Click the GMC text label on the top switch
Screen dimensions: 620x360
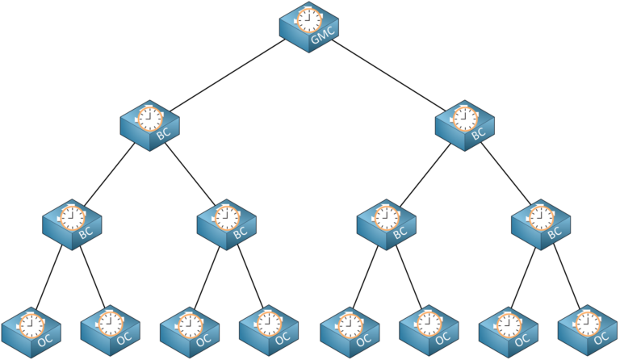click(323, 35)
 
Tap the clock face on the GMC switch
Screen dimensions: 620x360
click(309, 20)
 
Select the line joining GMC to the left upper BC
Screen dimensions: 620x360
click(227, 76)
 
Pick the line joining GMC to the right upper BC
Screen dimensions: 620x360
click(388, 75)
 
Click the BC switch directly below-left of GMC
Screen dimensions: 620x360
click(150, 125)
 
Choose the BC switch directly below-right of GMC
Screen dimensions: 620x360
click(465, 125)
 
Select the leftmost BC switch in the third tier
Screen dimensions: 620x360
click(72, 224)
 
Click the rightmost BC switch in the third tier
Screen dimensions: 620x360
click(541, 224)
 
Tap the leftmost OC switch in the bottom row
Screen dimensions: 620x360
click(31, 332)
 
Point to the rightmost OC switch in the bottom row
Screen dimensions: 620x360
click(588, 330)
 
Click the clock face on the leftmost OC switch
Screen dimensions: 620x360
click(31, 325)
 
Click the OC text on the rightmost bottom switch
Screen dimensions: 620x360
click(601, 338)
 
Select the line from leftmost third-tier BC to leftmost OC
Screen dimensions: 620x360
click(49, 278)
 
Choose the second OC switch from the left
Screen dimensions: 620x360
click(111, 330)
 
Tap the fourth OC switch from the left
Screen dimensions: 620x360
click(269, 330)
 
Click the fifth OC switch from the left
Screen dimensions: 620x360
click(350, 332)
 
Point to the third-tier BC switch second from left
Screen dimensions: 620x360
click(227, 224)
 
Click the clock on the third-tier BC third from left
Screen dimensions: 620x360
click(387, 218)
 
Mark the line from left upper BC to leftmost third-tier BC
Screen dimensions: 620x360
click(109, 174)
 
